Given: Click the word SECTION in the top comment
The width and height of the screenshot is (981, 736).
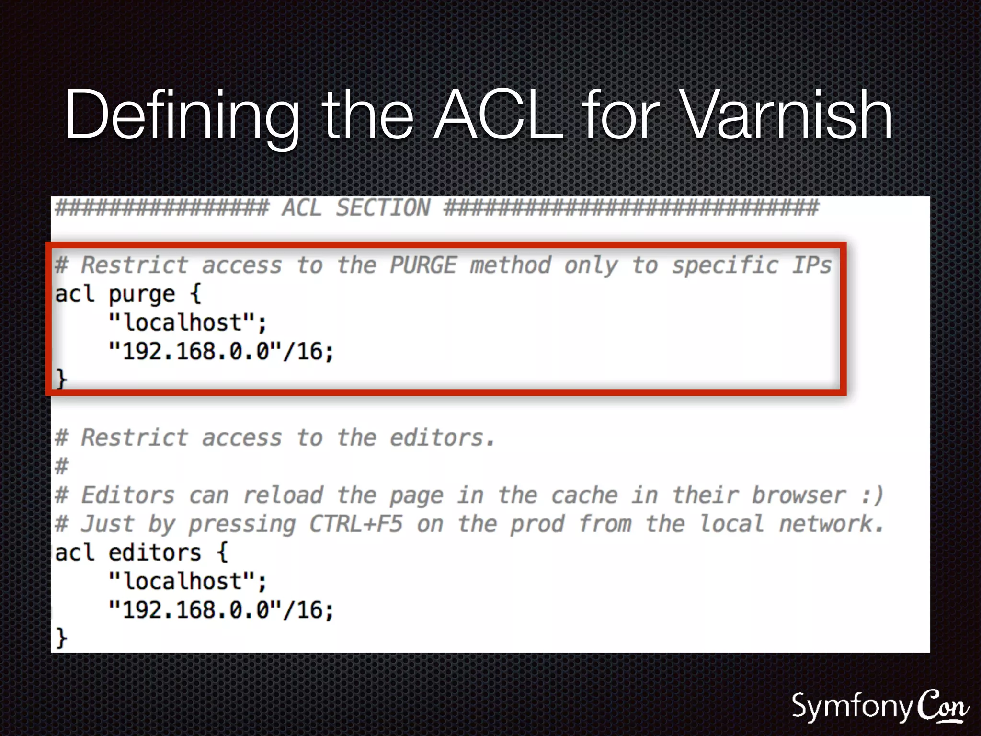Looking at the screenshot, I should tap(383, 208).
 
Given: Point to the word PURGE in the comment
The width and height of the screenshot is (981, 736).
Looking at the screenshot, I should tap(423, 265).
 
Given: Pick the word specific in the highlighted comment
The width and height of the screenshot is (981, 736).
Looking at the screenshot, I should tap(725, 266).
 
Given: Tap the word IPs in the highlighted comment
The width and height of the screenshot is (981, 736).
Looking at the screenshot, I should tap(811, 265).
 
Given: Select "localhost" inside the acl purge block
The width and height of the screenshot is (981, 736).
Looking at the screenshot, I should tap(187, 322).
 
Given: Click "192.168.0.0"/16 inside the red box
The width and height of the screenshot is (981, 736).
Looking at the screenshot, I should tap(220, 351).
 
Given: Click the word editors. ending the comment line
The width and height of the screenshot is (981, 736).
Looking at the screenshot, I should tap(442, 437).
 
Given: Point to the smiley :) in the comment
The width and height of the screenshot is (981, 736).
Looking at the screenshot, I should tap(872, 495).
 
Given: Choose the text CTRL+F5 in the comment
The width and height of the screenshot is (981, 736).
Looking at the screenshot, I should tap(355, 524).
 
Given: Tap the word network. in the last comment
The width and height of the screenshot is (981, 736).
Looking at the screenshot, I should tap(831, 524).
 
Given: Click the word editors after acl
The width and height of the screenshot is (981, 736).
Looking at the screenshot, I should tap(154, 552).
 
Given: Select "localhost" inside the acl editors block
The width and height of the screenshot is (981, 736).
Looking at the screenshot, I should tap(187, 581).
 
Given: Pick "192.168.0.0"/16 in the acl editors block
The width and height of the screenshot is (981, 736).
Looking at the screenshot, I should tap(220, 610).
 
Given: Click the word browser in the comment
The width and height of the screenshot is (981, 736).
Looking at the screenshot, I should tap(798, 495).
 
